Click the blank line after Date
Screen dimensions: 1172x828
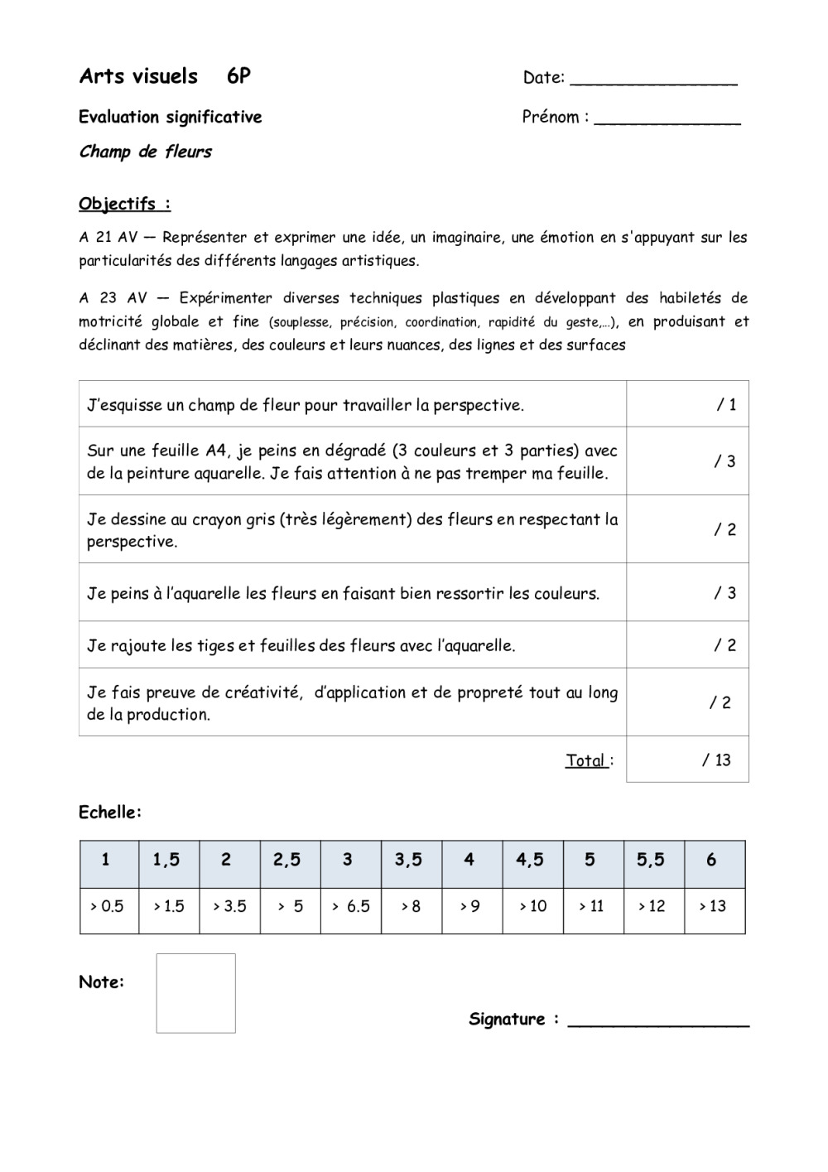pyautogui.click(x=654, y=82)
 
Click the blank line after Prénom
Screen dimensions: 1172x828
pyautogui.click(x=667, y=122)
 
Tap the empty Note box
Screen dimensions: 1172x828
pyautogui.click(x=195, y=993)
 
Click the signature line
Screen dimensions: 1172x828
pyautogui.click(x=658, y=1024)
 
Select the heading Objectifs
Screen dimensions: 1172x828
pyautogui.click(x=124, y=204)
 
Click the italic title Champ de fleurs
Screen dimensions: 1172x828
pyautogui.click(x=146, y=152)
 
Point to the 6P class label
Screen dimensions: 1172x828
pyautogui.click(x=238, y=76)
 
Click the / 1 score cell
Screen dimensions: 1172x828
pyautogui.click(x=687, y=404)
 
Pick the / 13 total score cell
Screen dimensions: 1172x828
pyautogui.click(x=687, y=760)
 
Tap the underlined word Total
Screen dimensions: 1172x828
pyautogui.click(x=586, y=760)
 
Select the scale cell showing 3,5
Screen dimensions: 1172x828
pyautogui.click(x=408, y=860)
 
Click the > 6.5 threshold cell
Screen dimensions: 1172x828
pyautogui.click(x=350, y=906)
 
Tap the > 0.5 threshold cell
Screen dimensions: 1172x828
pyautogui.click(x=107, y=906)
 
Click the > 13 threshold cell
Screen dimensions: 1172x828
pyautogui.click(x=713, y=906)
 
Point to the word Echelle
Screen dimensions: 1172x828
pyautogui.click(x=110, y=813)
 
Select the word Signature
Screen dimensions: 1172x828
pyautogui.click(x=508, y=1019)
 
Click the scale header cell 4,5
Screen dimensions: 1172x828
pyautogui.click(x=530, y=860)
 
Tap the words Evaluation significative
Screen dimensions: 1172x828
pyautogui.click(x=171, y=117)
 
